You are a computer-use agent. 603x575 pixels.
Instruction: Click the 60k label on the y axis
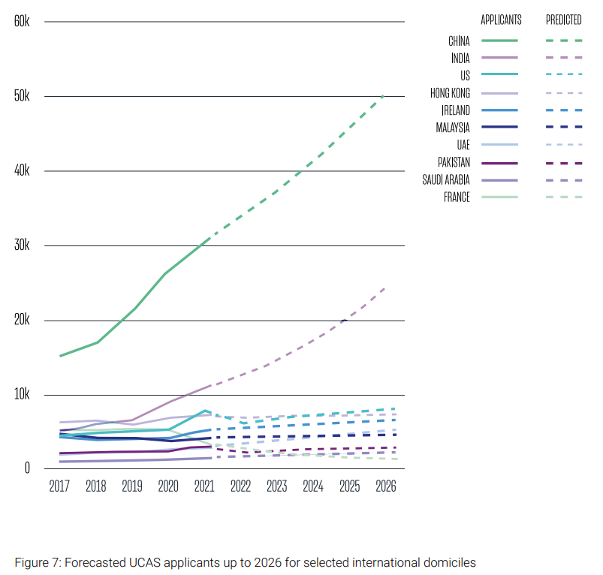(x=21, y=21)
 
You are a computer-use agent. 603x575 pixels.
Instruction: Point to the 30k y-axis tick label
(x=21, y=245)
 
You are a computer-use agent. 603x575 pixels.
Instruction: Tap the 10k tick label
(x=21, y=395)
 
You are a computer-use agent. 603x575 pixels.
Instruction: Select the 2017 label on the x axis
(x=59, y=486)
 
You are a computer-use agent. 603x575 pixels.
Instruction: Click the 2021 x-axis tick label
(x=204, y=486)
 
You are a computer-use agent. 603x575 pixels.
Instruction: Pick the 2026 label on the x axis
(x=386, y=486)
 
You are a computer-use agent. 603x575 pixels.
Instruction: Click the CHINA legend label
(x=459, y=41)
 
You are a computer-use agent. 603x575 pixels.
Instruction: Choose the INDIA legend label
(x=460, y=58)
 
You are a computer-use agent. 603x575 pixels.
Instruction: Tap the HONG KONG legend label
(x=451, y=93)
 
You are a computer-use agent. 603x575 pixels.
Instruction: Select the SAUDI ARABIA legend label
(x=447, y=180)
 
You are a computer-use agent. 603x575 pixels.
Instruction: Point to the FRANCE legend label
(x=457, y=197)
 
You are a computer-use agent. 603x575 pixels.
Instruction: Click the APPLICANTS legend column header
(x=501, y=20)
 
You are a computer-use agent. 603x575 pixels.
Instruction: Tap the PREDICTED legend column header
(x=563, y=20)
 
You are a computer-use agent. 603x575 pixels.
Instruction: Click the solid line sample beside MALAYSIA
(x=499, y=128)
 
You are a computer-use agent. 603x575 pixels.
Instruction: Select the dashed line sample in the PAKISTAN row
(x=564, y=163)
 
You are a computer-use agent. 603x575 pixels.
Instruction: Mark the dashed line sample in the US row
(x=564, y=75)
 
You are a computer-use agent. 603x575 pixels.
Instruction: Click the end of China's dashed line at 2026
(x=384, y=95)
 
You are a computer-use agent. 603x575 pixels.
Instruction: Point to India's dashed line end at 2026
(x=385, y=287)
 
